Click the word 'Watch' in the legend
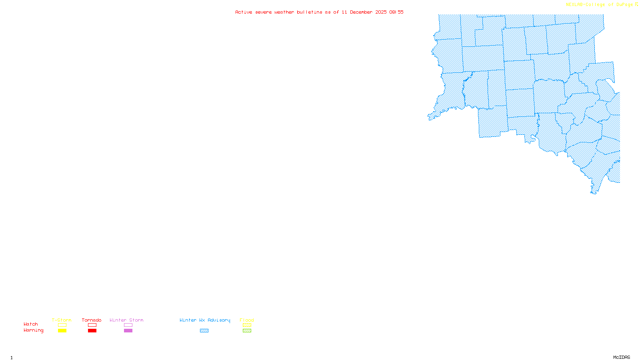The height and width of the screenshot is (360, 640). (31, 324)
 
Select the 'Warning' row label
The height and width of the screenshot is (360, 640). (33, 330)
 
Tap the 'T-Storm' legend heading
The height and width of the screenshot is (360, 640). (62, 320)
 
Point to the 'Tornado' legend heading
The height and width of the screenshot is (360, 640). (92, 320)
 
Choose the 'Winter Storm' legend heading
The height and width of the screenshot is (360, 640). (126, 320)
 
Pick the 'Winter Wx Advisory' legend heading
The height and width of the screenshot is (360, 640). (205, 320)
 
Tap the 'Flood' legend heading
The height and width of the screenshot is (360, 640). (247, 320)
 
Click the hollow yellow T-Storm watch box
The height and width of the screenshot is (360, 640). (62, 325)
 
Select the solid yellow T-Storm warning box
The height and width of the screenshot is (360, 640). (62, 331)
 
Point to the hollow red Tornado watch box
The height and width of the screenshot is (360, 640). (92, 325)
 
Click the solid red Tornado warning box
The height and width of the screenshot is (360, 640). (92, 331)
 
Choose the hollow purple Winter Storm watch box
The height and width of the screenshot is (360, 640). (128, 325)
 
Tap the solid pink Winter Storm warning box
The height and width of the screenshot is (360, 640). (128, 331)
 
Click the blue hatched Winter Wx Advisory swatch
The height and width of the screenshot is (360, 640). (204, 331)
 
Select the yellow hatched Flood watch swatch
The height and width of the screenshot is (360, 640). (247, 325)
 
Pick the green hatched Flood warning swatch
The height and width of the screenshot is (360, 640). (247, 331)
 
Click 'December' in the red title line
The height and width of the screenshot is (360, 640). (361, 12)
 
